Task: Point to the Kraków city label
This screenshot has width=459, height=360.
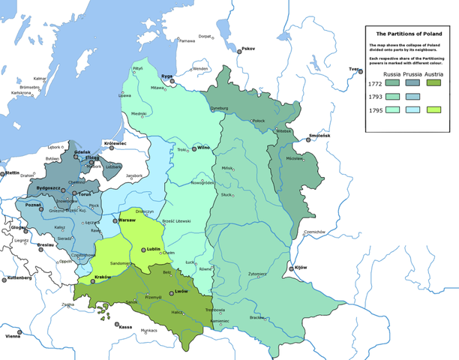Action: click(102, 277)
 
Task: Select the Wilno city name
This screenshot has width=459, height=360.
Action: click(205, 148)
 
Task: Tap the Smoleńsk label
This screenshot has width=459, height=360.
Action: click(319, 136)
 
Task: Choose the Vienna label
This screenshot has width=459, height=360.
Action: click(13, 336)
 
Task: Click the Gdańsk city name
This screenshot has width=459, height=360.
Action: click(82, 151)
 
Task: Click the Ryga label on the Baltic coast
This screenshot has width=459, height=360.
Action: click(166, 76)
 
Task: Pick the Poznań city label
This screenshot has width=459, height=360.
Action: click(34, 204)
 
